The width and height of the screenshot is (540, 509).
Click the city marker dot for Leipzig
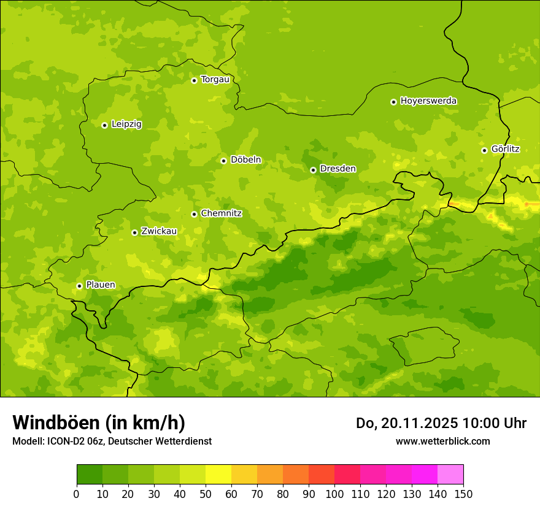104,125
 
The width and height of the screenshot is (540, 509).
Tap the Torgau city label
215,79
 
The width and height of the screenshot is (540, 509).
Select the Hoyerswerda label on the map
428,101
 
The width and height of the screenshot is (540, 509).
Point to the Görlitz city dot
484,150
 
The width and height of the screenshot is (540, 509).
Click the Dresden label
337,169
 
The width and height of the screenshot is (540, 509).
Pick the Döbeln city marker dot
223,161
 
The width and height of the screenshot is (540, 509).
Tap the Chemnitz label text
221,213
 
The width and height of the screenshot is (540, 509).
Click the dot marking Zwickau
134,232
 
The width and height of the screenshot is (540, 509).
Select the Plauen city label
100,285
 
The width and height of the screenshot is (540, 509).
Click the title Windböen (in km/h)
99,423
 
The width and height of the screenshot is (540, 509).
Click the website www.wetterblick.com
442,441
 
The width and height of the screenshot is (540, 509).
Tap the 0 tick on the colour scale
76,494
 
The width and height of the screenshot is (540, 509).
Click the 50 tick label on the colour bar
205,494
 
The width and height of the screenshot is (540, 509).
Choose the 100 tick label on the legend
334,494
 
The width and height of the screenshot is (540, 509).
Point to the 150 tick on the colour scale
463,494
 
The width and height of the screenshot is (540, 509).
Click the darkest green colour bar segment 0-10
90,475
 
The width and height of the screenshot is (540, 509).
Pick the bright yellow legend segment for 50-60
218,475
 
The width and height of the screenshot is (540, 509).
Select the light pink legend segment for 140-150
450,475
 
